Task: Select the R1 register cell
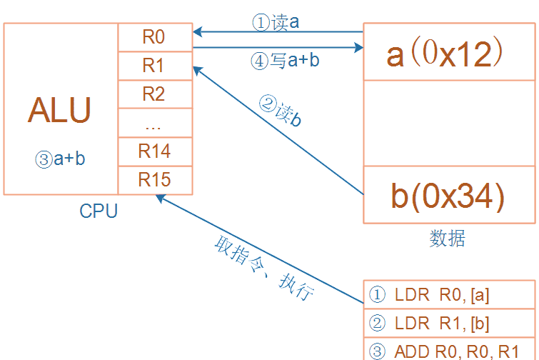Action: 154,66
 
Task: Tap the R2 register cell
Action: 154,94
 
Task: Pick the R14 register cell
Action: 154,151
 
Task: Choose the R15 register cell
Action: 154,179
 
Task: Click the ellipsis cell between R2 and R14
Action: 154,123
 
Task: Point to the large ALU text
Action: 60,111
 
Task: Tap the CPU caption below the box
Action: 99,211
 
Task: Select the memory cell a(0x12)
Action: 448,54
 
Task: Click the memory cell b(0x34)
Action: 448,195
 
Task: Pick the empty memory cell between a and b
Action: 448,123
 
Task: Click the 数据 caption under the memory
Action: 448,239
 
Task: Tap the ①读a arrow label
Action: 276,23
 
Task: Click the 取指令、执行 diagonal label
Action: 263,268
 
